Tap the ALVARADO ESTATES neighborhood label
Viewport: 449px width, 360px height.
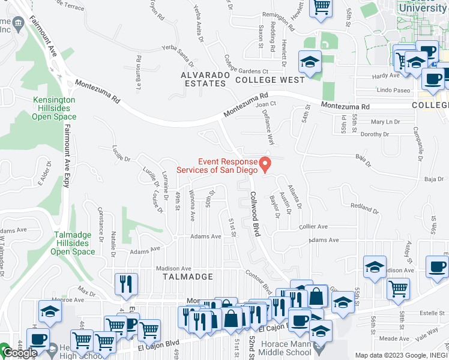203,79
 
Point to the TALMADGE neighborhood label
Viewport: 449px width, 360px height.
188,277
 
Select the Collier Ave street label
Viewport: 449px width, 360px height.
313,227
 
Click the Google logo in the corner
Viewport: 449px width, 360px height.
20,353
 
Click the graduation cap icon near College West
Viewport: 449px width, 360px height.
310,62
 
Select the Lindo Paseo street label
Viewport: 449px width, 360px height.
393,90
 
